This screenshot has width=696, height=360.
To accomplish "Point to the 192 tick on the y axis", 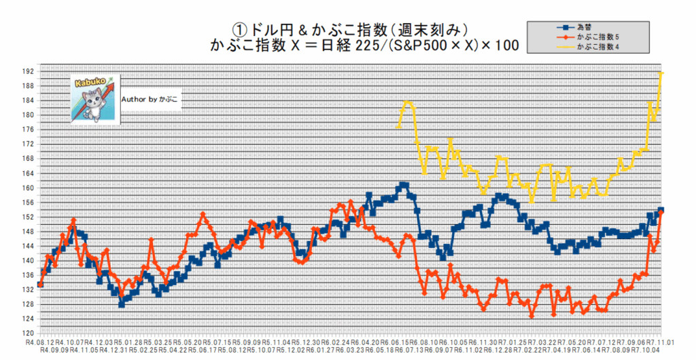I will pos(28,71).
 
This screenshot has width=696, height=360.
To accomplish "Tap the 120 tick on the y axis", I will pos(28,334).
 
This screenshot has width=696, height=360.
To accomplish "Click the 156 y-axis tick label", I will pos(28,202).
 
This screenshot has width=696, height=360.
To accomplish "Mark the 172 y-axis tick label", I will pos(28,144).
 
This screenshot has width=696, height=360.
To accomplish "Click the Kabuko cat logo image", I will pos(94,98).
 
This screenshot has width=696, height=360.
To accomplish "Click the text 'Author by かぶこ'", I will pos(150,99).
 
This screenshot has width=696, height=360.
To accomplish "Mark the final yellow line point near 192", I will pos(661,73).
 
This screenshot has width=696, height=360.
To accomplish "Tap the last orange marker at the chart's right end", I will pos(661,212).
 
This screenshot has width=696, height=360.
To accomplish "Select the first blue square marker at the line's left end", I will pos(40,285).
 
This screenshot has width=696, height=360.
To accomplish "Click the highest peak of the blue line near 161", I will pos(405,185).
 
